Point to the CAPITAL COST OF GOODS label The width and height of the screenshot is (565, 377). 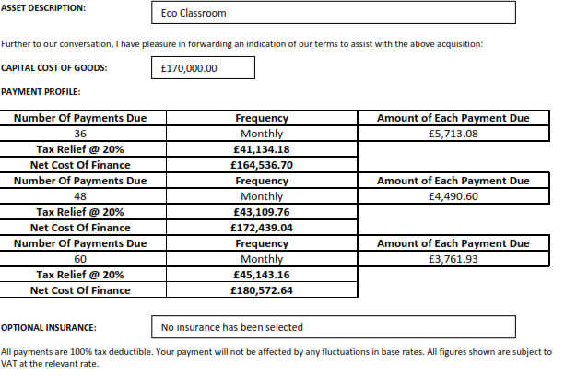tap(54, 68)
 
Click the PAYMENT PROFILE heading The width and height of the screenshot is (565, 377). tap(41, 91)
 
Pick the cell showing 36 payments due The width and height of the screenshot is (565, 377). tap(79, 134)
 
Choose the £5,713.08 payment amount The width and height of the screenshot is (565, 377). tap(453, 134)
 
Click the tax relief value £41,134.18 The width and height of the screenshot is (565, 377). tap(262, 149)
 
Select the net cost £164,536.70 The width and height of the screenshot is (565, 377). tap(262, 165)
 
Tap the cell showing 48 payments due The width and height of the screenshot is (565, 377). tap(79, 196)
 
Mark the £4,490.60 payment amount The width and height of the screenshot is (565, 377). tap(453, 196)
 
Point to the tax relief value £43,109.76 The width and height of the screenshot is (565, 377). tap(262, 212)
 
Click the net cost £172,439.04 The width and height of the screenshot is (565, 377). tap(262, 228)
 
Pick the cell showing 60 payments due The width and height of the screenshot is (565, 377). tap(79, 259)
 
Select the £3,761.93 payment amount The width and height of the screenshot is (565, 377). tap(453, 259)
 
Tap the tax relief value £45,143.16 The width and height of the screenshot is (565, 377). tap(262, 275)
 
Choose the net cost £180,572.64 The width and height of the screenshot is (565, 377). tap(262, 290)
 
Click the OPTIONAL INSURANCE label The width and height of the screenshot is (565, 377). tap(49, 327)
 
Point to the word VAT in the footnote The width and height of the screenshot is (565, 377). tap(10, 363)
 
